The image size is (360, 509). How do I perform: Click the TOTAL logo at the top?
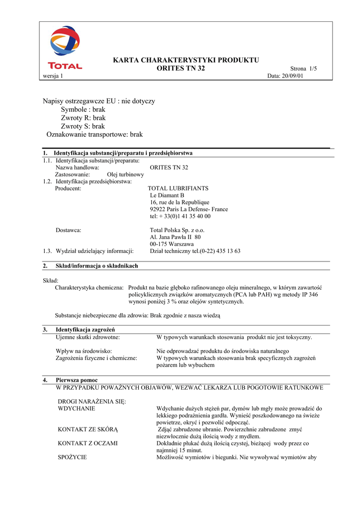click(x=65, y=48)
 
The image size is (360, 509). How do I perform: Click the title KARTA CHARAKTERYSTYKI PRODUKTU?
click(x=186, y=60)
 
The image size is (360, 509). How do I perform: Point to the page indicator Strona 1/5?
click(x=303, y=69)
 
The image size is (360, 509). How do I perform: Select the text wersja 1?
click(x=52, y=76)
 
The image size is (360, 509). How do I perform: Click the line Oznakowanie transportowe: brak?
click(x=94, y=135)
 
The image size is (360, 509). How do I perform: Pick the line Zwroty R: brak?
click(x=83, y=118)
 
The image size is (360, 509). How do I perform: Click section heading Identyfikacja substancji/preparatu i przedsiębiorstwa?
click(x=123, y=153)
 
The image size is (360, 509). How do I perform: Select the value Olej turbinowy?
click(x=125, y=175)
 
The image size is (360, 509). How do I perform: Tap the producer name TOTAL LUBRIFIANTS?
click(x=178, y=189)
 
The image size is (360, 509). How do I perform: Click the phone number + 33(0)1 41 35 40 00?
click(x=180, y=217)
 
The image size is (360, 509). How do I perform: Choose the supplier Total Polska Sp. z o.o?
click(x=177, y=231)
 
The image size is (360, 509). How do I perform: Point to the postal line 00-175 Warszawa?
click(x=172, y=245)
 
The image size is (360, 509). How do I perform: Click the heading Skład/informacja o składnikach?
click(x=97, y=266)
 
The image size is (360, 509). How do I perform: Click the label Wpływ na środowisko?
click(x=84, y=351)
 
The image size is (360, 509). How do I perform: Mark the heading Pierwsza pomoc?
click(x=77, y=380)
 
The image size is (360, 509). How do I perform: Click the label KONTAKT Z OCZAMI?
click(x=88, y=443)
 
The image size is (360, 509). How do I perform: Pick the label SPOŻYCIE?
click(x=72, y=457)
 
